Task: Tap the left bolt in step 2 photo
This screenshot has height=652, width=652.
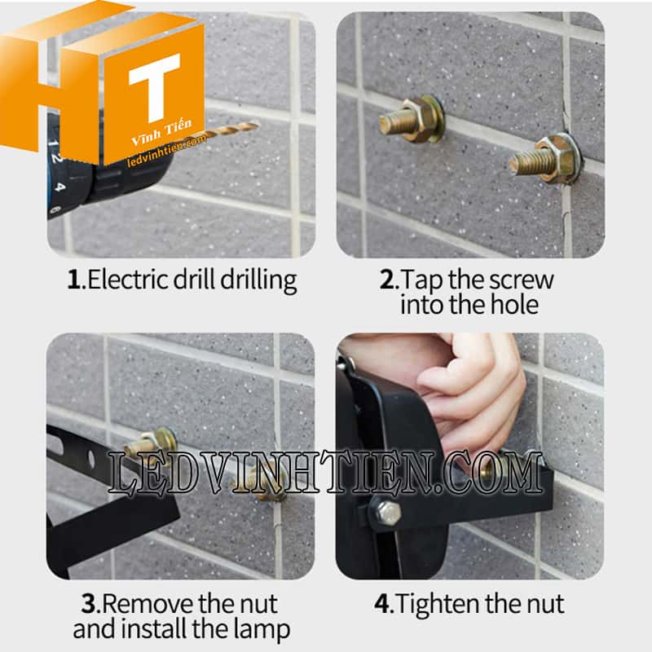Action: pos(412,118)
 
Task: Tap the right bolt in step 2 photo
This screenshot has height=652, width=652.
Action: pos(545,159)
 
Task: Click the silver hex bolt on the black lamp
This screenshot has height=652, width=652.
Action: pos(388,513)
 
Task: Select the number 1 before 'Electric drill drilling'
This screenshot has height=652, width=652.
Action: pos(74,280)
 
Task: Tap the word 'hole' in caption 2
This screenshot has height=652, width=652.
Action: pos(515,304)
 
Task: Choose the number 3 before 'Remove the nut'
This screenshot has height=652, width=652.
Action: pos(89,604)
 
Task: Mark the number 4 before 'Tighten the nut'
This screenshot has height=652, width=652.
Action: pos(382,604)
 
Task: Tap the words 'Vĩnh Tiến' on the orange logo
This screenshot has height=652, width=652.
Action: pos(161,131)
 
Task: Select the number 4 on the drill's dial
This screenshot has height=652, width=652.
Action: pos(59,187)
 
